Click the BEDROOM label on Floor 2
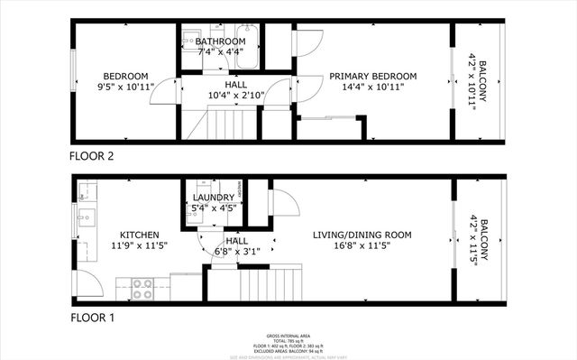[125, 76]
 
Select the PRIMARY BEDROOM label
[372, 76]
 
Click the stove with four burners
[142, 289]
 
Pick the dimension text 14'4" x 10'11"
[372, 88]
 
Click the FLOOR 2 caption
[92, 155]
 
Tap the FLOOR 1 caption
[92, 318]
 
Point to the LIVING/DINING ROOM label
[362, 235]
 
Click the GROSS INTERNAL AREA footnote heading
[289, 333]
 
